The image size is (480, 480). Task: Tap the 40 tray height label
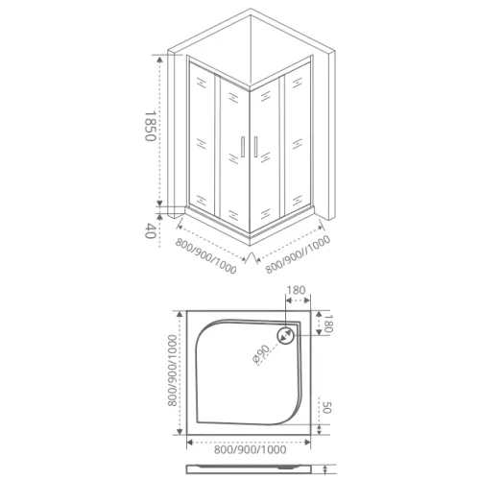click(x=150, y=230)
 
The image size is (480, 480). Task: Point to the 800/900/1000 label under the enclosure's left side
click(x=205, y=251)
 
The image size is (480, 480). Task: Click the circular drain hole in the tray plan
click(x=285, y=336)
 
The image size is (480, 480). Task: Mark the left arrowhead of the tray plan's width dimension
click(x=188, y=442)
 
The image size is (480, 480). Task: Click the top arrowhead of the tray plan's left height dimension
click(x=180, y=313)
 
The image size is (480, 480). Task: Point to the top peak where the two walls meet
click(x=252, y=11)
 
